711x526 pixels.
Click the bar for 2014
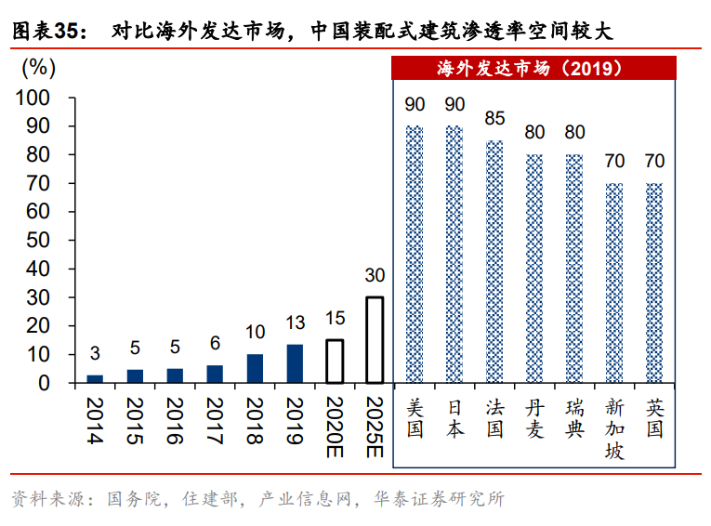tap(95, 378)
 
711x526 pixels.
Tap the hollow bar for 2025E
tap(375, 339)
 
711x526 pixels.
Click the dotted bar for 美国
tap(415, 254)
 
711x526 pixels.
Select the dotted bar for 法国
tap(494, 261)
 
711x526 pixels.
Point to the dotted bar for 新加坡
tap(614, 283)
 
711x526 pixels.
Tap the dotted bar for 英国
tap(654, 283)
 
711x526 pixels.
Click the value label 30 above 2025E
tap(375, 276)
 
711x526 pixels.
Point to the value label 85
tap(494, 119)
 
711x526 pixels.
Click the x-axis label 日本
tap(454, 418)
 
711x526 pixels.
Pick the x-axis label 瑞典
tap(574, 418)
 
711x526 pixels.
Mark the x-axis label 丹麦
tap(534, 418)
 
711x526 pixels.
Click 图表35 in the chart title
tap(44, 31)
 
